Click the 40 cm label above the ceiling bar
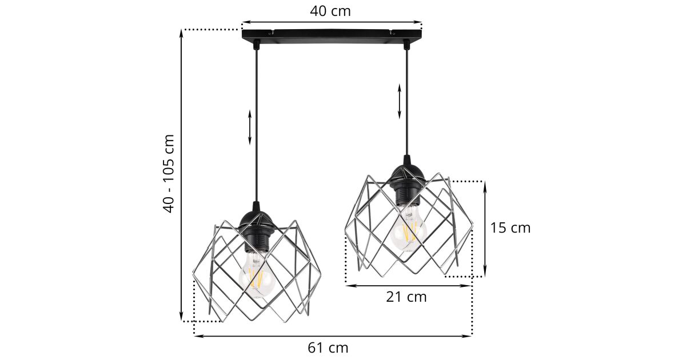(x=330, y=11)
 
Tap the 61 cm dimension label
(x=328, y=348)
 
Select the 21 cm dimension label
(x=406, y=297)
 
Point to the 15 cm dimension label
(x=510, y=228)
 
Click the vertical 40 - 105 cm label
(x=169, y=173)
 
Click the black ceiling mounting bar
(x=332, y=35)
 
